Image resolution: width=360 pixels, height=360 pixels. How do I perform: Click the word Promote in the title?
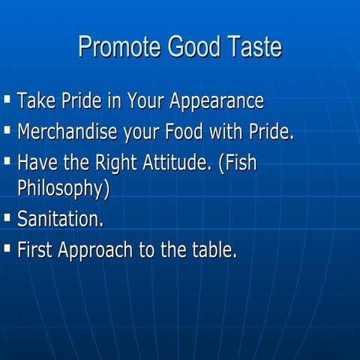[x=115, y=47]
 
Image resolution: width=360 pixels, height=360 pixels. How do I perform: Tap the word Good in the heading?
[x=187, y=47]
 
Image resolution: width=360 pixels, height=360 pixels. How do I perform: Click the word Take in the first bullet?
[x=34, y=100]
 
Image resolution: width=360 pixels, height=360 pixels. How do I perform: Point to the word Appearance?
[x=217, y=101]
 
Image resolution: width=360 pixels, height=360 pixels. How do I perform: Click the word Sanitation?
[x=60, y=219]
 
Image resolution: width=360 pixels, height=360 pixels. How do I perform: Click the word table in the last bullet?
[x=213, y=250]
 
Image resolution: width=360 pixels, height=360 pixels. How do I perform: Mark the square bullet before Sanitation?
[x=7, y=217]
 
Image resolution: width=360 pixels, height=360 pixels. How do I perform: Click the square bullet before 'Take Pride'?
[x=7, y=98]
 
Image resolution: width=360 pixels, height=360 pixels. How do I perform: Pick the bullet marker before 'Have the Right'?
[x=7, y=161]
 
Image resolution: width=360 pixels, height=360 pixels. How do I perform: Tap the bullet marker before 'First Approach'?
[x=7, y=247]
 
